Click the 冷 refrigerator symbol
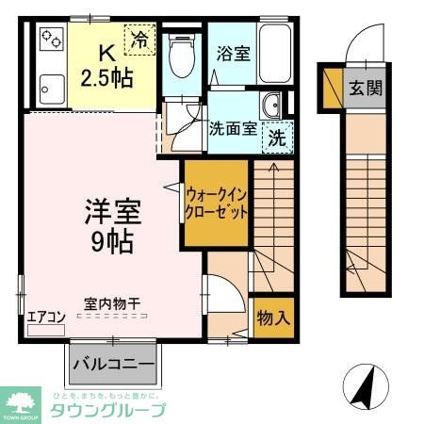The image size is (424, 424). point(139,41)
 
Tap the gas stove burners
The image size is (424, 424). point(50,40)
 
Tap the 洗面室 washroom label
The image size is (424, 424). point(233,129)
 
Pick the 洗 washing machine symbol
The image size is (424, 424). point(278,136)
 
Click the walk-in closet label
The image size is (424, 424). point(217,203)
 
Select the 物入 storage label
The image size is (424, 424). point(274,318)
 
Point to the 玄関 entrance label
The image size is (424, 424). point(367,89)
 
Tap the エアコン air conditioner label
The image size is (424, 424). point(45,317)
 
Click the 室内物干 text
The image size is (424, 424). point(113,303)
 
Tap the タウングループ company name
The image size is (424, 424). point(107,411)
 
